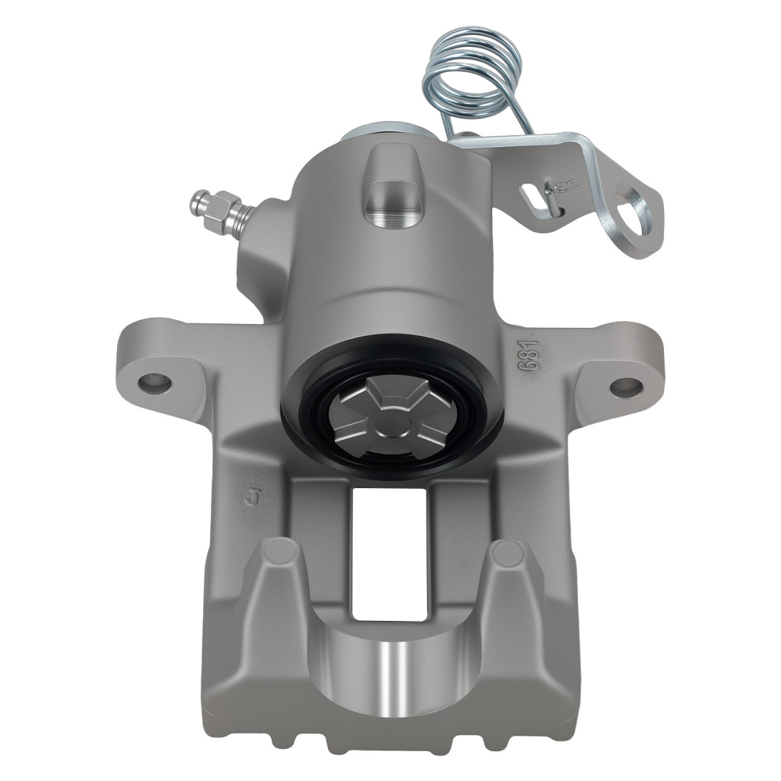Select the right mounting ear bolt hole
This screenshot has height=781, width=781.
click(x=626, y=386)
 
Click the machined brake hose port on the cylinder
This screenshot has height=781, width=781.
click(x=392, y=199)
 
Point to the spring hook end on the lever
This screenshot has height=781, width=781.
click(x=561, y=187)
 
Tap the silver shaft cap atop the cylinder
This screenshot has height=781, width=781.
click(x=383, y=134)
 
